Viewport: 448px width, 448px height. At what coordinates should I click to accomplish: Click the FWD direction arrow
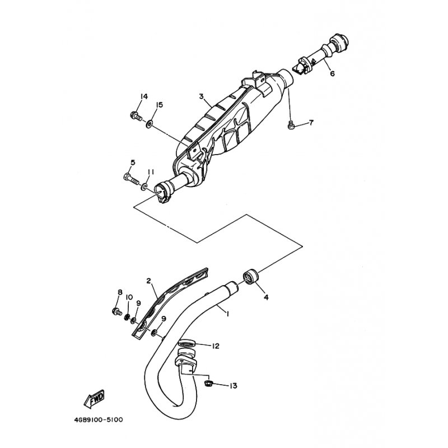[x=94, y=399]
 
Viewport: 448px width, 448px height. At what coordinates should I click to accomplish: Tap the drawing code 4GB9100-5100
[x=99, y=420]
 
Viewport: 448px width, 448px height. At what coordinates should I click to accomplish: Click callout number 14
[x=144, y=96]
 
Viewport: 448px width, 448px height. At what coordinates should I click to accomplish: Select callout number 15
[x=159, y=105]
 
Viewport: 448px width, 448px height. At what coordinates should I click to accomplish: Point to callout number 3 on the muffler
[x=202, y=96]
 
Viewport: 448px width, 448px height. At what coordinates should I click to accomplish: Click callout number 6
[x=332, y=73]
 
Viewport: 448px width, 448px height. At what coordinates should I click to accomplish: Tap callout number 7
[x=311, y=123]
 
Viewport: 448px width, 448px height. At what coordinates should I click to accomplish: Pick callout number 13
[x=234, y=386]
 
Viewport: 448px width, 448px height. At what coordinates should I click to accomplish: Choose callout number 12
[x=216, y=346]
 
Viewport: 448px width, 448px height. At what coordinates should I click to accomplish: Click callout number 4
[x=266, y=297]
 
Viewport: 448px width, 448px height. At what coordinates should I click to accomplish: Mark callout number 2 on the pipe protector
[x=148, y=281]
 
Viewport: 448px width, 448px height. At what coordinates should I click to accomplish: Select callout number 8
[x=120, y=292]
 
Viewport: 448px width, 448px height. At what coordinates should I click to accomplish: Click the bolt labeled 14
[x=136, y=116]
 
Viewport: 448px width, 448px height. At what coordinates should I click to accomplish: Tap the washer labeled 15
[x=149, y=124]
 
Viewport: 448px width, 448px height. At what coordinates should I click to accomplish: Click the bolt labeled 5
[x=131, y=179]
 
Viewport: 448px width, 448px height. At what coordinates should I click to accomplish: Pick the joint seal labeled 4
[x=250, y=276]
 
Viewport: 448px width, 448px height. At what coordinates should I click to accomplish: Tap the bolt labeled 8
[x=117, y=312]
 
